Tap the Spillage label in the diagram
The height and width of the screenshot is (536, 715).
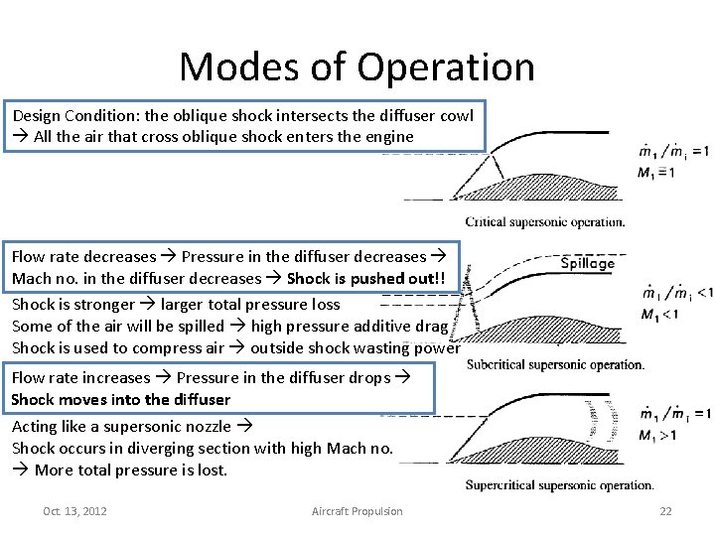[588, 263]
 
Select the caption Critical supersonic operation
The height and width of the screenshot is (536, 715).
[544, 221]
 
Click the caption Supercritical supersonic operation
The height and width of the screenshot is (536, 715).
[559, 485]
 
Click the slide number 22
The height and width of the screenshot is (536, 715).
[665, 511]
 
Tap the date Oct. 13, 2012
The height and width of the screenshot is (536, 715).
[75, 511]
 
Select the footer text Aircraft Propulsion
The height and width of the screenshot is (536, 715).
[357, 511]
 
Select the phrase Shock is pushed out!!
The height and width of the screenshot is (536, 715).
[372, 279]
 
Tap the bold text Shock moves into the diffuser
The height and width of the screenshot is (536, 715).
[120, 400]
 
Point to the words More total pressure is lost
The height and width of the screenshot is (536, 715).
[131, 470]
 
